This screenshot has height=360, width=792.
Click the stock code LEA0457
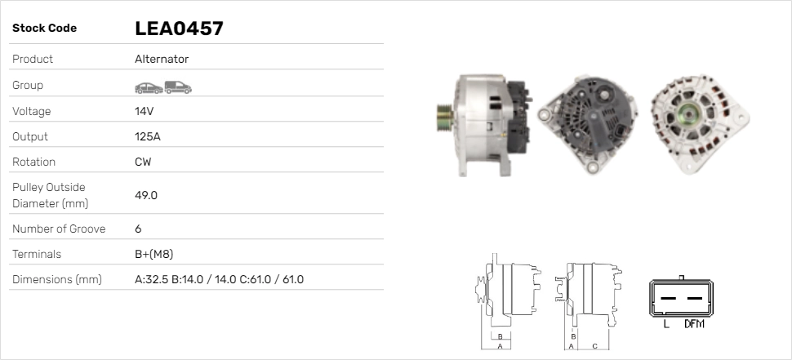click(x=179, y=29)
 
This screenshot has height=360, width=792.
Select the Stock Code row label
click(x=44, y=29)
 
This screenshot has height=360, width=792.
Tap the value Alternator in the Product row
click(x=162, y=59)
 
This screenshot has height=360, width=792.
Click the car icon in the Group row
click(x=148, y=87)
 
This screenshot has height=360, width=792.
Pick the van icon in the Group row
click(x=177, y=86)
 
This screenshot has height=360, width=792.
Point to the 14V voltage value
click(x=145, y=111)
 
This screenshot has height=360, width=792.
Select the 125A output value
click(x=148, y=136)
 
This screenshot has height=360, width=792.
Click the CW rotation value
click(x=143, y=162)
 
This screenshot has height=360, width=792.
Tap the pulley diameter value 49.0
click(x=146, y=195)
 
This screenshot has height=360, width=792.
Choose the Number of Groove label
click(x=59, y=229)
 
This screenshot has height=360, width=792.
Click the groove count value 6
click(x=138, y=229)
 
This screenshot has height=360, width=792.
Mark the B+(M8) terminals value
click(x=154, y=254)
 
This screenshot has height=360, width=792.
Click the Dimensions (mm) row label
click(x=56, y=279)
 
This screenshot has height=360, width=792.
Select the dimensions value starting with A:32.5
click(x=219, y=279)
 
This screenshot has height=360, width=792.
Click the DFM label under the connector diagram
click(x=694, y=324)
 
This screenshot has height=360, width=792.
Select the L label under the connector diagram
click(x=666, y=324)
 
